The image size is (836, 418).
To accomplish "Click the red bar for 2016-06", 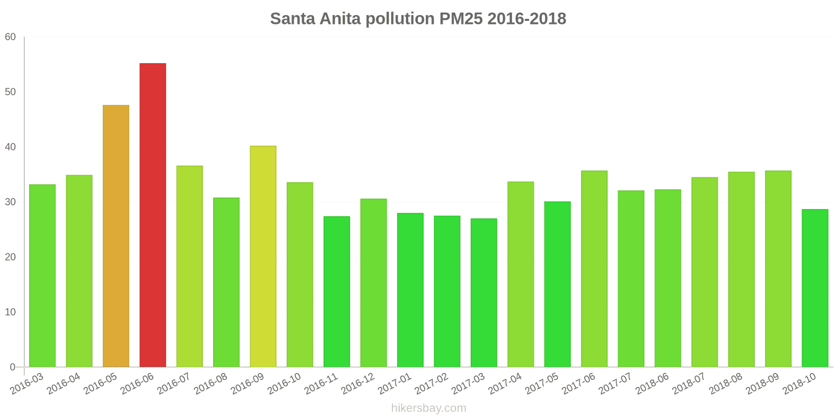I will click(153, 215).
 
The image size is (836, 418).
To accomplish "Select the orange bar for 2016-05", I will click(116, 236).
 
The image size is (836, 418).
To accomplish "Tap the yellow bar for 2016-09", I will click(263, 257).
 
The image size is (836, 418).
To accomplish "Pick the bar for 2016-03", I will click(42, 276).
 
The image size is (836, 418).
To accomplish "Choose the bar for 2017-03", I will click(484, 293).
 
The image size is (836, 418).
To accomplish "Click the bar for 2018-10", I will click(815, 288).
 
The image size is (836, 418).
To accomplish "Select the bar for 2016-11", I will click(336, 292).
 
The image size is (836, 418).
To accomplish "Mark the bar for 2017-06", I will click(594, 269).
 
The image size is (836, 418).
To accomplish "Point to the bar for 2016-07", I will click(190, 266).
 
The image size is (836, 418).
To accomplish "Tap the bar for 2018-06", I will click(668, 278).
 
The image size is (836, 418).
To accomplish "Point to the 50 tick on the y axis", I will click(10, 92).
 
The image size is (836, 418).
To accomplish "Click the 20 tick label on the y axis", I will click(10, 257).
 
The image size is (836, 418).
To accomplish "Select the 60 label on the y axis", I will click(10, 37).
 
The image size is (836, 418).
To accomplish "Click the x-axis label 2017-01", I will click(395, 384).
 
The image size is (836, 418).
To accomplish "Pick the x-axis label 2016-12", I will click(358, 384).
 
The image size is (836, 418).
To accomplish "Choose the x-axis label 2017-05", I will click(542, 384).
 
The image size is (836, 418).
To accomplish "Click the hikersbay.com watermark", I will click(428, 408).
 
